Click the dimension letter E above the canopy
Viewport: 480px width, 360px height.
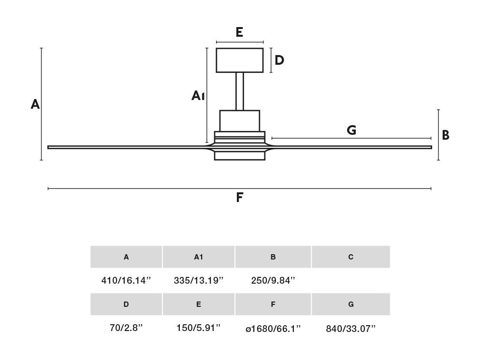[x=239, y=32]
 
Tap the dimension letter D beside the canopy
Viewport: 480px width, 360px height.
[x=279, y=60]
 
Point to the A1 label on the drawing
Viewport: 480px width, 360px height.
[x=198, y=96]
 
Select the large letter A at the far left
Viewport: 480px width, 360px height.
[x=35, y=104]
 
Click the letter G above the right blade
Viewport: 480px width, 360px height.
[x=351, y=130]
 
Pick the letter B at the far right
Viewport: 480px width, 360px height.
[x=445, y=135]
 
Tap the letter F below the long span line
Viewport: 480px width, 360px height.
[x=240, y=198]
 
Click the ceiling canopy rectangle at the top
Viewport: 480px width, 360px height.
[x=239, y=60]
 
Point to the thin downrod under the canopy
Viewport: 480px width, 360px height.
[x=240, y=91]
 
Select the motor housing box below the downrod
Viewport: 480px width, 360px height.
[x=240, y=121]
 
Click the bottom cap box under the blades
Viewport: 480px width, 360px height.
[x=240, y=156]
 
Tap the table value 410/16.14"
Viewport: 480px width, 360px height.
[x=126, y=280]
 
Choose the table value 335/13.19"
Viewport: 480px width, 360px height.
[x=199, y=280]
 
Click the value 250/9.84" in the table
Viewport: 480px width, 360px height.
[x=273, y=280]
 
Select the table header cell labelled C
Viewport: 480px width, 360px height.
[x=351, y=257]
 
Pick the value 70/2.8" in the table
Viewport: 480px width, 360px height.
[x=126, y=328]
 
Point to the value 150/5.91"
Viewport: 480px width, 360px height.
[x=198, y=328]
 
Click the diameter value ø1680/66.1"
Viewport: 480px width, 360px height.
[x=273, y=329]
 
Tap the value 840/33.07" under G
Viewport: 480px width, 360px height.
[x=351, y=329]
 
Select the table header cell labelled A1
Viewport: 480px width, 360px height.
[x=199, y=257]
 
